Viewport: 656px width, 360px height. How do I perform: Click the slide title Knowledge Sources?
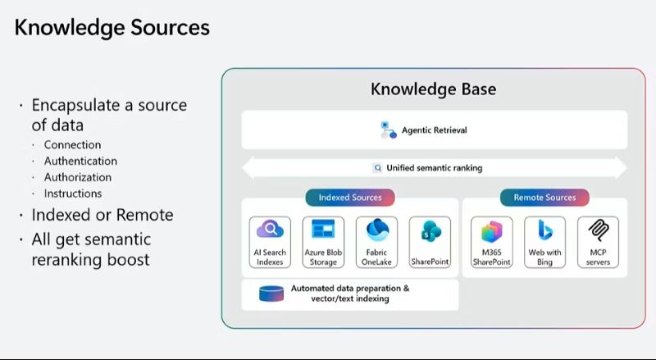pos(112,28)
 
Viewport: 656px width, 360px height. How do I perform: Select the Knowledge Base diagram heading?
pos(433,89)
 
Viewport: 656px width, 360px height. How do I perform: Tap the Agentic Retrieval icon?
pos(388,130)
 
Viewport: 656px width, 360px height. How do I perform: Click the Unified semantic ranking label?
pos(434,168)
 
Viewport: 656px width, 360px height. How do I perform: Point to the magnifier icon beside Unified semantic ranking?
pos(377,168)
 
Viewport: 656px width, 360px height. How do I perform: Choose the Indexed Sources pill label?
pos(350,198)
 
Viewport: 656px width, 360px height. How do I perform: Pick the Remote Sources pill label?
pos(544,198)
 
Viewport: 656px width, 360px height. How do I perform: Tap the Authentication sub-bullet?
pos(80,162)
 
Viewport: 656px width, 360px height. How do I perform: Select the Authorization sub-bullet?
pos(78,177)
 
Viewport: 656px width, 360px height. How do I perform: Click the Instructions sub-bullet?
pos(73,194)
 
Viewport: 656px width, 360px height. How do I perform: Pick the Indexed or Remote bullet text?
pos(102,216)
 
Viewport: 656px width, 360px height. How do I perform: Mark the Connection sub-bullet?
pos(73,145)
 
